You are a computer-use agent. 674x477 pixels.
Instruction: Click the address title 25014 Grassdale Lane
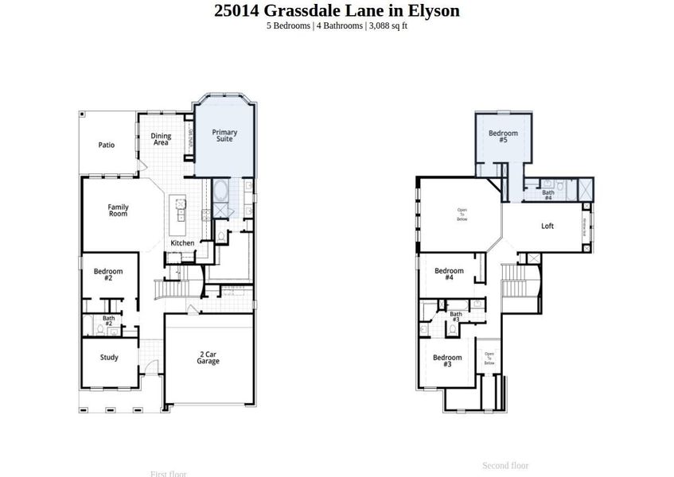coord(337,10)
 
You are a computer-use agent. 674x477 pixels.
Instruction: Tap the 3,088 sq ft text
coord(388,25)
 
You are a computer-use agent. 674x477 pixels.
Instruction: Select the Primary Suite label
coord(224,135)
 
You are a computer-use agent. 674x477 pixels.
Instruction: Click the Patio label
coord(106,145)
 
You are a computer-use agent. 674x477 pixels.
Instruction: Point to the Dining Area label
coord(161,139)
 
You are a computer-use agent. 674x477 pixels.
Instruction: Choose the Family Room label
coord(118,211)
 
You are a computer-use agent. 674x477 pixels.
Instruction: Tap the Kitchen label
coord(182,242)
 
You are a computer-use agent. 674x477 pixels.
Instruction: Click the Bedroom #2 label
coord(108,275)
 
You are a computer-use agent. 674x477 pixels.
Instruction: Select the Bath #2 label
coord(108,321)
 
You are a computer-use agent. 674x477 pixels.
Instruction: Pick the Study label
coord(109,358)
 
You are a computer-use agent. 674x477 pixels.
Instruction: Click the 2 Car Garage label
coord(208,358)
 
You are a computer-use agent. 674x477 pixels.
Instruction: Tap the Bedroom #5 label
coord(503,137)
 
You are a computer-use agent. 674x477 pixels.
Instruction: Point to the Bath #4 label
coord(548,195)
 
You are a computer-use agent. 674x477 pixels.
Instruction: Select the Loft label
coord(547,227)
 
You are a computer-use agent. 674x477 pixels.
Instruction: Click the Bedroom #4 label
coord(449,274)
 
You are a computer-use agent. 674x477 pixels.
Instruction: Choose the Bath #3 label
coord(455,316)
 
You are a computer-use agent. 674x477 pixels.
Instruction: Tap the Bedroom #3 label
coord(447,361)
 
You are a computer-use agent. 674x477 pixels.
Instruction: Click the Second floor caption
coord(505,466)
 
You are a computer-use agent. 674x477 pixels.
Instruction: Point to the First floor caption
coord(168,474)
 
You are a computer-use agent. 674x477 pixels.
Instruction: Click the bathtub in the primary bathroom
coord(220,192)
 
